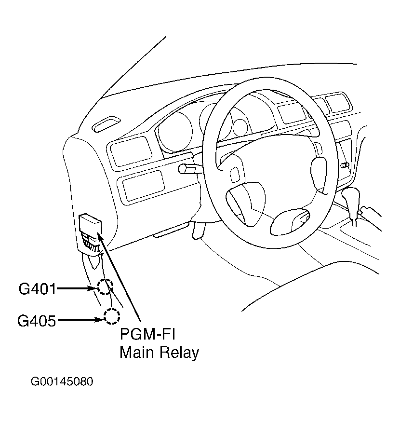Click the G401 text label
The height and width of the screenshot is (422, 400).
click(x=37, y=289)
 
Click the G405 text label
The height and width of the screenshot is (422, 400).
click(x=37, y=320)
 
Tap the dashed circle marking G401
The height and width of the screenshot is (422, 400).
click(x=105, y=287)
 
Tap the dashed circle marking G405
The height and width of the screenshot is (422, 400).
click(x=112, y=316)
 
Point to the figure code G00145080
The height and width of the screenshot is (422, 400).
click(x=62, y=382)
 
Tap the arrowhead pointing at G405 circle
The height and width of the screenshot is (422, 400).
click(x=100, y=319)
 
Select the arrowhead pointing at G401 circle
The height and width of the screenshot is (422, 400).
click(x=94, y=288)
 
